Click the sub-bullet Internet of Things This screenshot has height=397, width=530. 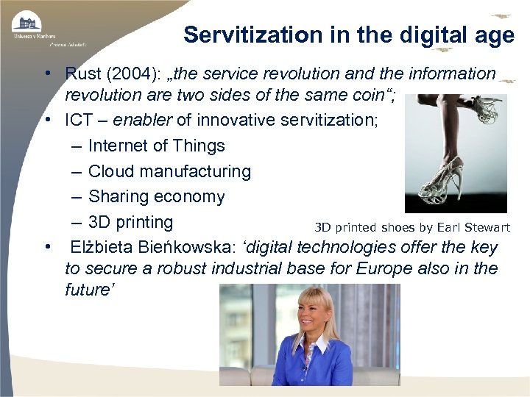[x=156, y=146]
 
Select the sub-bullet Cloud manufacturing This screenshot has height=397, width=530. [x=169, y=171]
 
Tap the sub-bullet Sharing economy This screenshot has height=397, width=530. [x=156, y=196]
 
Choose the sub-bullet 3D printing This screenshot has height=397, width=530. [x=130, y=222]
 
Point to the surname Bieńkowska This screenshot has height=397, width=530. [x=172, y=248]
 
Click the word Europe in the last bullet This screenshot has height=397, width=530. [x=389, y=268]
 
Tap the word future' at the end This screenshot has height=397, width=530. [x=88, y=290]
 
